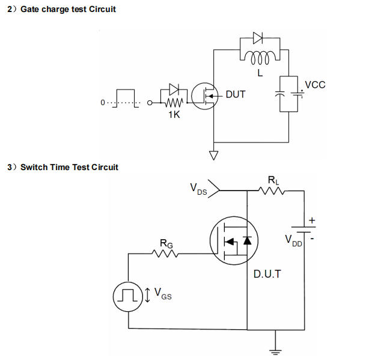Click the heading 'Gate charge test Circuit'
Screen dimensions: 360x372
(x=68, y=9)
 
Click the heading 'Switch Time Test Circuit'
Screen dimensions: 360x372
(x=69, y=167)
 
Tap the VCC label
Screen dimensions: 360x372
(x=315, y=85)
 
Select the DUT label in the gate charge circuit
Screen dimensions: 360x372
(x=235, y=95)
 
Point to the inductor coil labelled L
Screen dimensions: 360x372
(x=260, y=58)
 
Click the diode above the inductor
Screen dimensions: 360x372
(x=258, y=38)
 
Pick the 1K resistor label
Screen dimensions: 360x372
(x=174, y=114)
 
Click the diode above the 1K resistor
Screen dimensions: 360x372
(x=174, y=90)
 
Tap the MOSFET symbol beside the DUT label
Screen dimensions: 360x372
(x=205, y=95)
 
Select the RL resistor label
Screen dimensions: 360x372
(x=273, y=179)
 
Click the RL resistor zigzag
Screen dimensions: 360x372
(x=272, y=191)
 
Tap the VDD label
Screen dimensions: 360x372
(x=294, y=240)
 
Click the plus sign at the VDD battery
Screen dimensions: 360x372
(x=312, y=221)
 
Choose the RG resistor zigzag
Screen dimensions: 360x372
(x=165, y=253)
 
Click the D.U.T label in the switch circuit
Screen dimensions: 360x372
(x=267, y=273)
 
